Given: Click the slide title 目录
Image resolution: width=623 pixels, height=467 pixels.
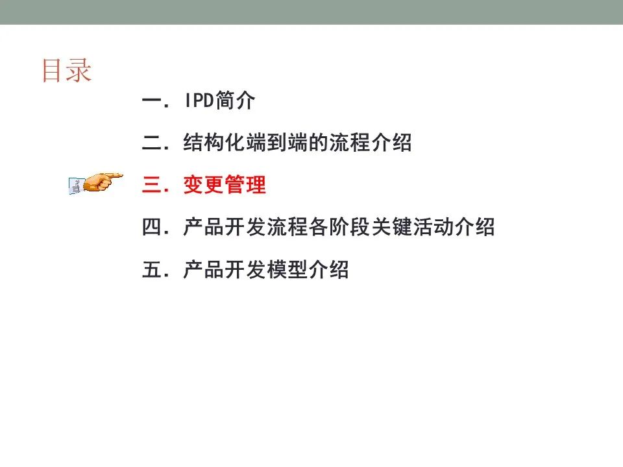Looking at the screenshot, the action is click(67, 71).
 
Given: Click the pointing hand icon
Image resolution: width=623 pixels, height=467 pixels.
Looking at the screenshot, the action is click(103, 182).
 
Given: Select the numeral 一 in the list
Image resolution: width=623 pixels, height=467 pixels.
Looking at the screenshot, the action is click(152, 101).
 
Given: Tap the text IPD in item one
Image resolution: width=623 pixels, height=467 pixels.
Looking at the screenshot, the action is click(199, 100).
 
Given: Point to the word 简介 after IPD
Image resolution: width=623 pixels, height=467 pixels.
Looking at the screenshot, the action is click(235, 100).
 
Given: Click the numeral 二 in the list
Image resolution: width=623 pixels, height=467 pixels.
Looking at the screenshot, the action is click(152, 143).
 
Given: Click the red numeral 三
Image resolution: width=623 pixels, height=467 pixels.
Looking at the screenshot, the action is click(152, 185).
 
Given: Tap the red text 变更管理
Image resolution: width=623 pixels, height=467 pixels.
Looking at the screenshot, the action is click(225, 185).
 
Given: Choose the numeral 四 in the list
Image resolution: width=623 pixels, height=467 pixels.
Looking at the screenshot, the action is click(152, 227).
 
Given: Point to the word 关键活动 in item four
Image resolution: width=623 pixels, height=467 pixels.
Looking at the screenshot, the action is click(413, 227).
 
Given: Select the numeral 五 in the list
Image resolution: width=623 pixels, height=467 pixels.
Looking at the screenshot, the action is click(152, 270).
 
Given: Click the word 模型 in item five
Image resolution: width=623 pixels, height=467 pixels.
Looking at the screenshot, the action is click(287, 270).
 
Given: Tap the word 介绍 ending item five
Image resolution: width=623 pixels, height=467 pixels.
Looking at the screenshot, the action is click(328, 270).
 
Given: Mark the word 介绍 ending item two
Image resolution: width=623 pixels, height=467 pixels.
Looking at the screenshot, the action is click(391, 143).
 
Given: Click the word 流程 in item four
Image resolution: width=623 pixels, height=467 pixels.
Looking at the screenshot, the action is click(287, 227).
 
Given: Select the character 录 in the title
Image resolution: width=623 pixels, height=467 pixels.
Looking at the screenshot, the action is click(79, 71).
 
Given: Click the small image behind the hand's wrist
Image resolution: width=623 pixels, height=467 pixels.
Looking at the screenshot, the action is click(75, 186).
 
